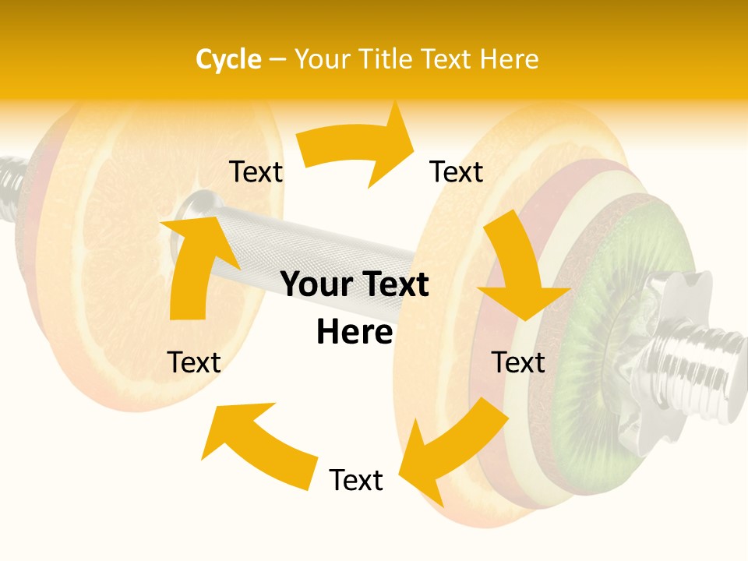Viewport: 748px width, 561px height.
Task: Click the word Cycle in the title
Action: click(228, 59)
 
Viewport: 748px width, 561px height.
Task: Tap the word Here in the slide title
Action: click(510, 59)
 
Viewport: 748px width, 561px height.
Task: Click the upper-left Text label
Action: click(256, 172)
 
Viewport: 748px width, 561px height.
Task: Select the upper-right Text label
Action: click(457, 172)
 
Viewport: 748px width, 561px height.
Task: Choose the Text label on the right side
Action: click(518, 362)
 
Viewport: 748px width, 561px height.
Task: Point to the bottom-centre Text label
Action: click(356, 480)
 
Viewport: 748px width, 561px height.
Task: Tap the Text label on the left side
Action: click(194, 362)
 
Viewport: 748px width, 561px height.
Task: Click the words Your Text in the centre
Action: click(355, 285)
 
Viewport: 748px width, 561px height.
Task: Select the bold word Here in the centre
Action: click(355, 333)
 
